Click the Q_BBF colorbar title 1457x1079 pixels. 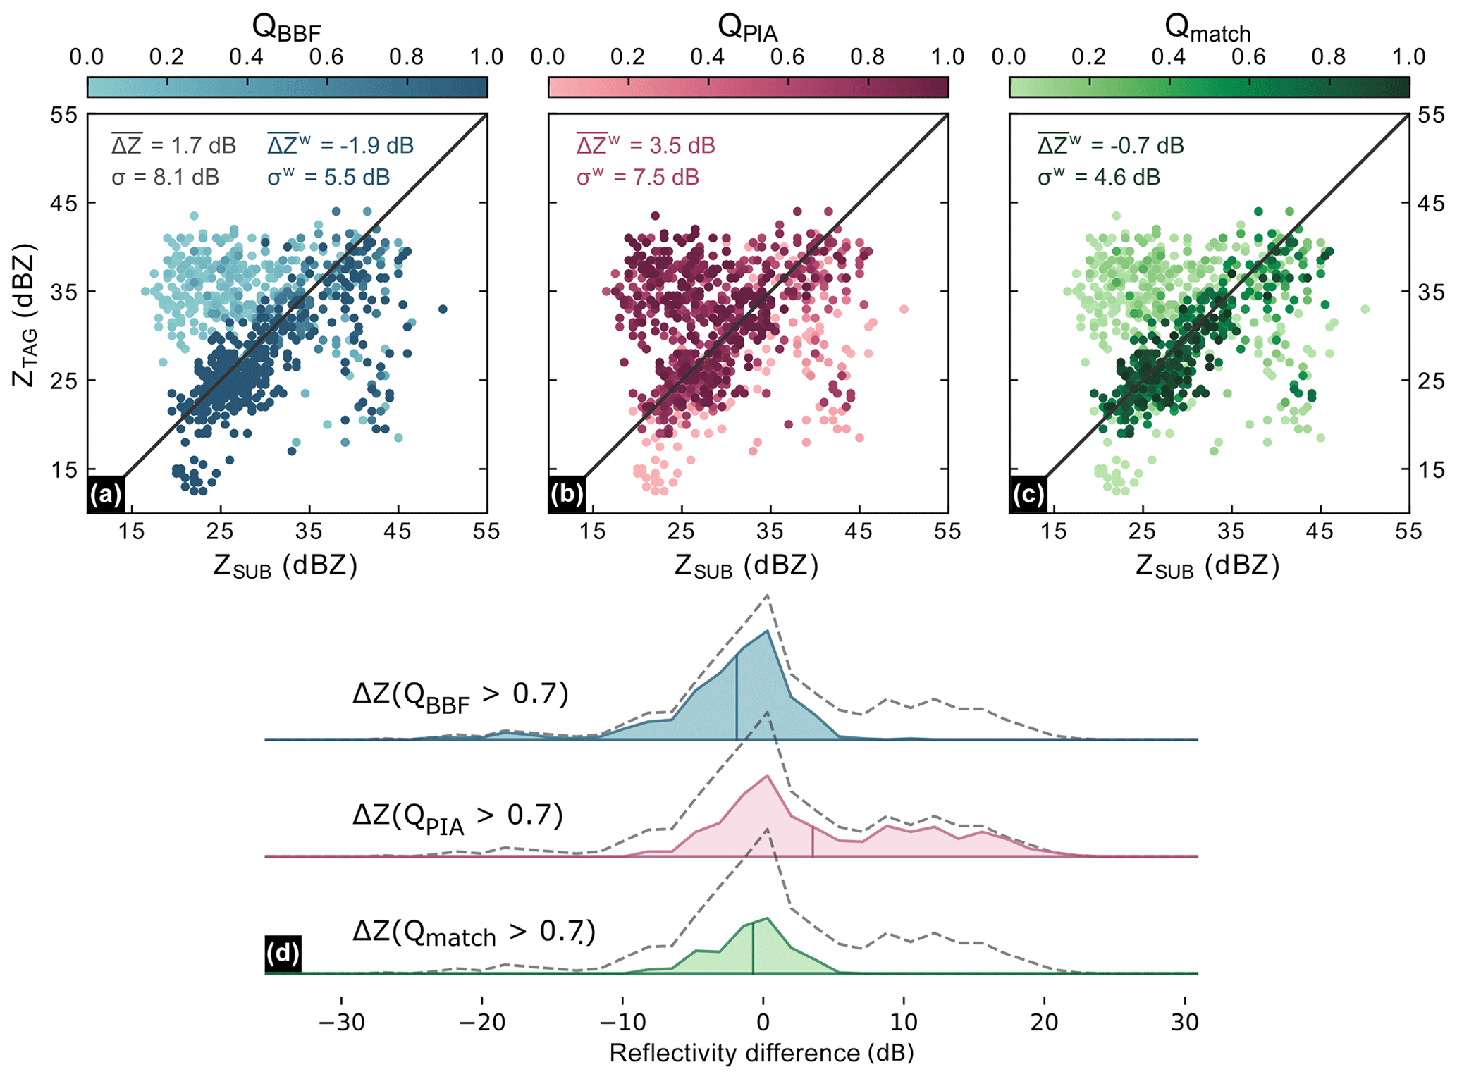286,27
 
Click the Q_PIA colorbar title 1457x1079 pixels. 747,27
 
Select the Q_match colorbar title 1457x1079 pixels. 1207,27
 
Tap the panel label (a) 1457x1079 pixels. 106,495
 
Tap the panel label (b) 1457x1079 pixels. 567,495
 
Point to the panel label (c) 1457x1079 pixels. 1028,495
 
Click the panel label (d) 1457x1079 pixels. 283,954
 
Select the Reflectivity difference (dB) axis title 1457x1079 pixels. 761,1053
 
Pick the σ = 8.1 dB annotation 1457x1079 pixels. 165,177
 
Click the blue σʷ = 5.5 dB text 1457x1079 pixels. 328,176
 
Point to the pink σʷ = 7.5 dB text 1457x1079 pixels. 637,176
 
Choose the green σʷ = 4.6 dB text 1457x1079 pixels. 1098,176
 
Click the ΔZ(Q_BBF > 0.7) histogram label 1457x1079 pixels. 460,696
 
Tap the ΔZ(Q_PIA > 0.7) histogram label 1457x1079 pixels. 457,816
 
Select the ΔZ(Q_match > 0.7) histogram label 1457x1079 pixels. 474,933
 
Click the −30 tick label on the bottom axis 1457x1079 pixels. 341,1022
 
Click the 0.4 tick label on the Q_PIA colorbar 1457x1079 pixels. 708,57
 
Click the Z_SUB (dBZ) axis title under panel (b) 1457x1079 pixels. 746,566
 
